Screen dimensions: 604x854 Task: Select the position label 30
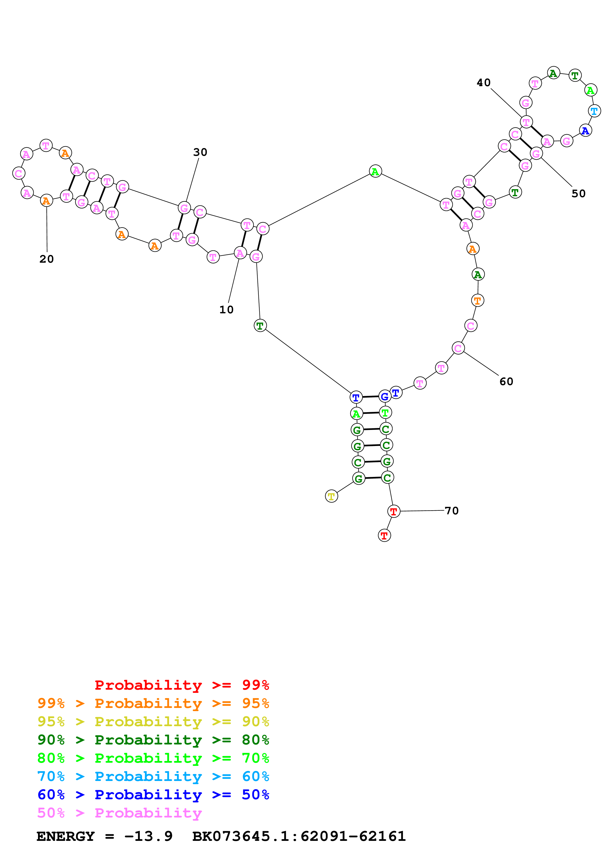coord(200,152)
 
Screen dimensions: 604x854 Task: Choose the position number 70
coord(452,511)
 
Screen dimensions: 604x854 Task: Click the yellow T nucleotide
coord(331,496)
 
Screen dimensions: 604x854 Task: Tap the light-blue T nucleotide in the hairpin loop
coord(594,111)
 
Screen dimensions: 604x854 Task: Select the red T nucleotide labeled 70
coord(393,511)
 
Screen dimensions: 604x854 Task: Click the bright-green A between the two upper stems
coord(375,171)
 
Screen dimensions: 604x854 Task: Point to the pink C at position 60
coord(458,348)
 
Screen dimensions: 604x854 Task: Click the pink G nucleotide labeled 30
coord(184,208)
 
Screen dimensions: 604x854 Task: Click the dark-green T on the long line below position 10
coord(260,326)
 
